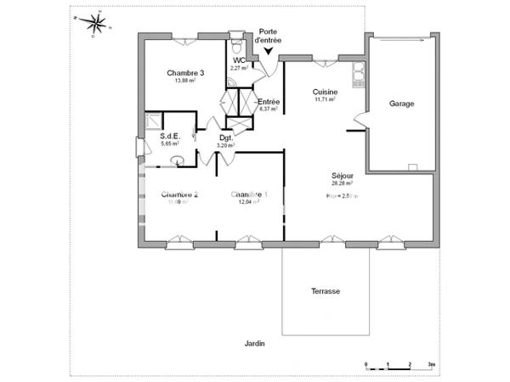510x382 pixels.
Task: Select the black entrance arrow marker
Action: tap(269, 52)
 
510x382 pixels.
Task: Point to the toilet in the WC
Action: tap(236, 42)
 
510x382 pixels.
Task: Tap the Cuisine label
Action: tap(325, 91)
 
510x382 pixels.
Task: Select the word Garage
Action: tap(401, 104)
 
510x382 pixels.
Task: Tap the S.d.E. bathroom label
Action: tap(170, 137)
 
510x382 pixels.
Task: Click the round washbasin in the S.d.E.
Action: tap(178, 160)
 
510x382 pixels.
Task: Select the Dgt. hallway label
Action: tap(226, 138)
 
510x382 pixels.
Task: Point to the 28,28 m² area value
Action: tap(343, 183)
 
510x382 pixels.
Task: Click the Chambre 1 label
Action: tap(249, 194)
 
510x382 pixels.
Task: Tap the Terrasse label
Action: tap(326, 291)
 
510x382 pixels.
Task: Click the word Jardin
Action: tap(255, 344)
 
